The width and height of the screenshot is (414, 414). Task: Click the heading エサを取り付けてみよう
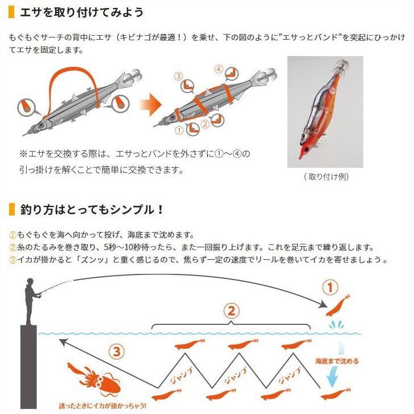[82, 12]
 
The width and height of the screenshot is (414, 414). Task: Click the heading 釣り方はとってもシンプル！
[92, 210]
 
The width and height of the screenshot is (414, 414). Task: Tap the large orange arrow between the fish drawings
[150, 104]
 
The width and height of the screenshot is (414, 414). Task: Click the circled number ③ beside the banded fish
[179, 77]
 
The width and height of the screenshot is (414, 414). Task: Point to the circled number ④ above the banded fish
[218, 69]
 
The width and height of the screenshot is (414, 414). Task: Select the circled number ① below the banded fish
[179, 130]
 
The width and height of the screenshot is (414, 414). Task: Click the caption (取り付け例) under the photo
[326, 176]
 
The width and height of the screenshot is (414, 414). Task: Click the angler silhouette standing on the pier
[32, 302]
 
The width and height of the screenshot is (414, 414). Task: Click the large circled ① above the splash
[330, 288]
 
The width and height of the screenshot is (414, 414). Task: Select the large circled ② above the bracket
[231, 311]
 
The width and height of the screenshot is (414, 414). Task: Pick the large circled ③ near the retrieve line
[117, 352]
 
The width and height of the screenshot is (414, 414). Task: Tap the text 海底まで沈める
[337, 361]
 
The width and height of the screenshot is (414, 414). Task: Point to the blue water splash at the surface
[336, 325]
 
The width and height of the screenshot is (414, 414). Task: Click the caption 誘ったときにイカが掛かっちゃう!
[102, 405]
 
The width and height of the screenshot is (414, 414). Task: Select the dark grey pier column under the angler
[28, 367]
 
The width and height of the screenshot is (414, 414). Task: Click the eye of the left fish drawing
[41, 125]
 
